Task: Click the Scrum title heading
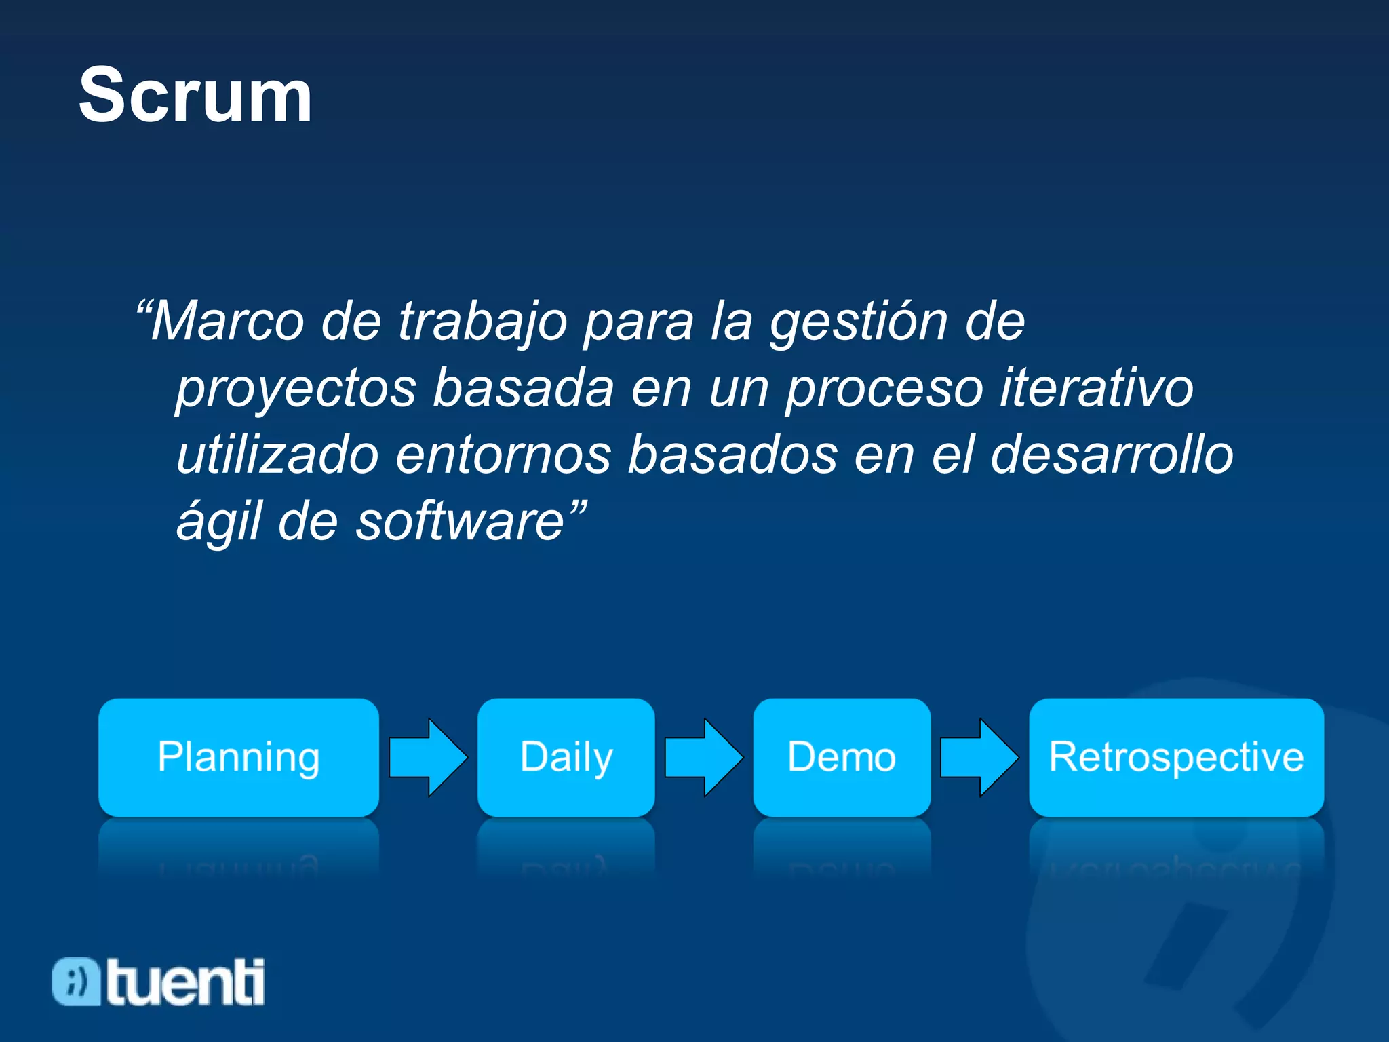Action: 195,96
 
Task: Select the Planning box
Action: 239,757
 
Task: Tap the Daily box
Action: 566,757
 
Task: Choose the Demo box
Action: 842,757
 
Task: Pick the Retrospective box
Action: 1176,757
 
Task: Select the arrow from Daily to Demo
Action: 704,757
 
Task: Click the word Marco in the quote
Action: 227,322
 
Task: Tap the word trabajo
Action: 482,322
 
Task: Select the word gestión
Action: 858,322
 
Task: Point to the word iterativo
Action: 1097,388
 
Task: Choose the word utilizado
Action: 277,455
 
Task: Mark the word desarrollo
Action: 1112,455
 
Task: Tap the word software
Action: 461,521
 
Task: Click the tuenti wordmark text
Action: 186,982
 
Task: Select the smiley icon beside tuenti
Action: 76,982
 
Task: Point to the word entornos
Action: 503,455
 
